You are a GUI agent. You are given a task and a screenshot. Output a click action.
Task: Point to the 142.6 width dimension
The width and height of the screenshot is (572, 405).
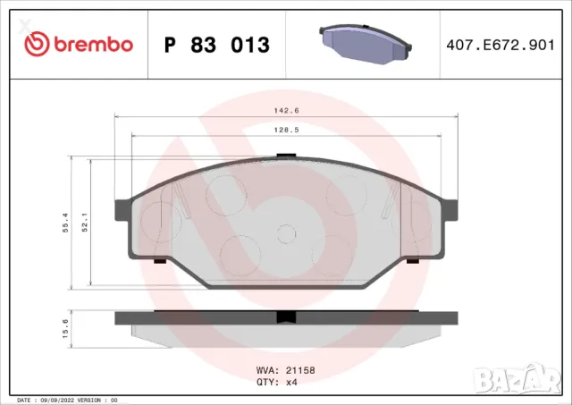(286, 112)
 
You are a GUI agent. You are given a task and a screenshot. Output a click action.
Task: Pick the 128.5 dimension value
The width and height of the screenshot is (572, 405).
(286, 130)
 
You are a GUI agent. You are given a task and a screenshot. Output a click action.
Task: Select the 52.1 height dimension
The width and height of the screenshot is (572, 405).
(85, 223)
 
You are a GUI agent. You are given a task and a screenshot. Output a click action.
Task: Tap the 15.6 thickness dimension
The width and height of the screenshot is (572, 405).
(65, 329)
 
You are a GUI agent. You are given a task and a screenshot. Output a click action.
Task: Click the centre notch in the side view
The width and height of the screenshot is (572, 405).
(286, 316)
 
